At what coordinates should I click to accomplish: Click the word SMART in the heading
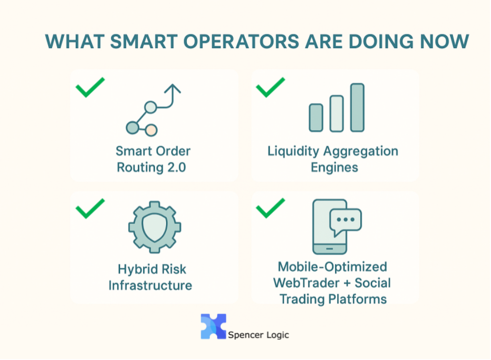point(144,41)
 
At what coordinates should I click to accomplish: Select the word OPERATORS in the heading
point(241,41)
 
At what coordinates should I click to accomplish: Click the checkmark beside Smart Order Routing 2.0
point(90,87)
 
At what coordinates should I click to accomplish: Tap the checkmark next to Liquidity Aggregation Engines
point(270,87)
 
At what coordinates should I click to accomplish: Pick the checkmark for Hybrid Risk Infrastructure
point(90,208)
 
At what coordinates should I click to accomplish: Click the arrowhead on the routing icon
point(173,88)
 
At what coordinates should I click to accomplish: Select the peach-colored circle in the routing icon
point(151,130)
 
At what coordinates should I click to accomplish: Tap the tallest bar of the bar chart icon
point(357,108)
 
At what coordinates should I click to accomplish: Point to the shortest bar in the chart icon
point(316,117)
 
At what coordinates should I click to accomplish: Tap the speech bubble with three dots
point(346,222)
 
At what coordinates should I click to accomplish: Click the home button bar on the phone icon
point(329,249)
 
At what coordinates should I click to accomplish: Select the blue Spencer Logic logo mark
point(213,327)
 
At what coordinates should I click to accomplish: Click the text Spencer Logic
point(259,335)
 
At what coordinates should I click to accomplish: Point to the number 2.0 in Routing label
point(176,167)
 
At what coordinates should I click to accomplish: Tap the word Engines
point(334,168)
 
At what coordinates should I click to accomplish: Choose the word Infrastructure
point(150,285)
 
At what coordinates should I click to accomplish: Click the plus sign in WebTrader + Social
point(347,283)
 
